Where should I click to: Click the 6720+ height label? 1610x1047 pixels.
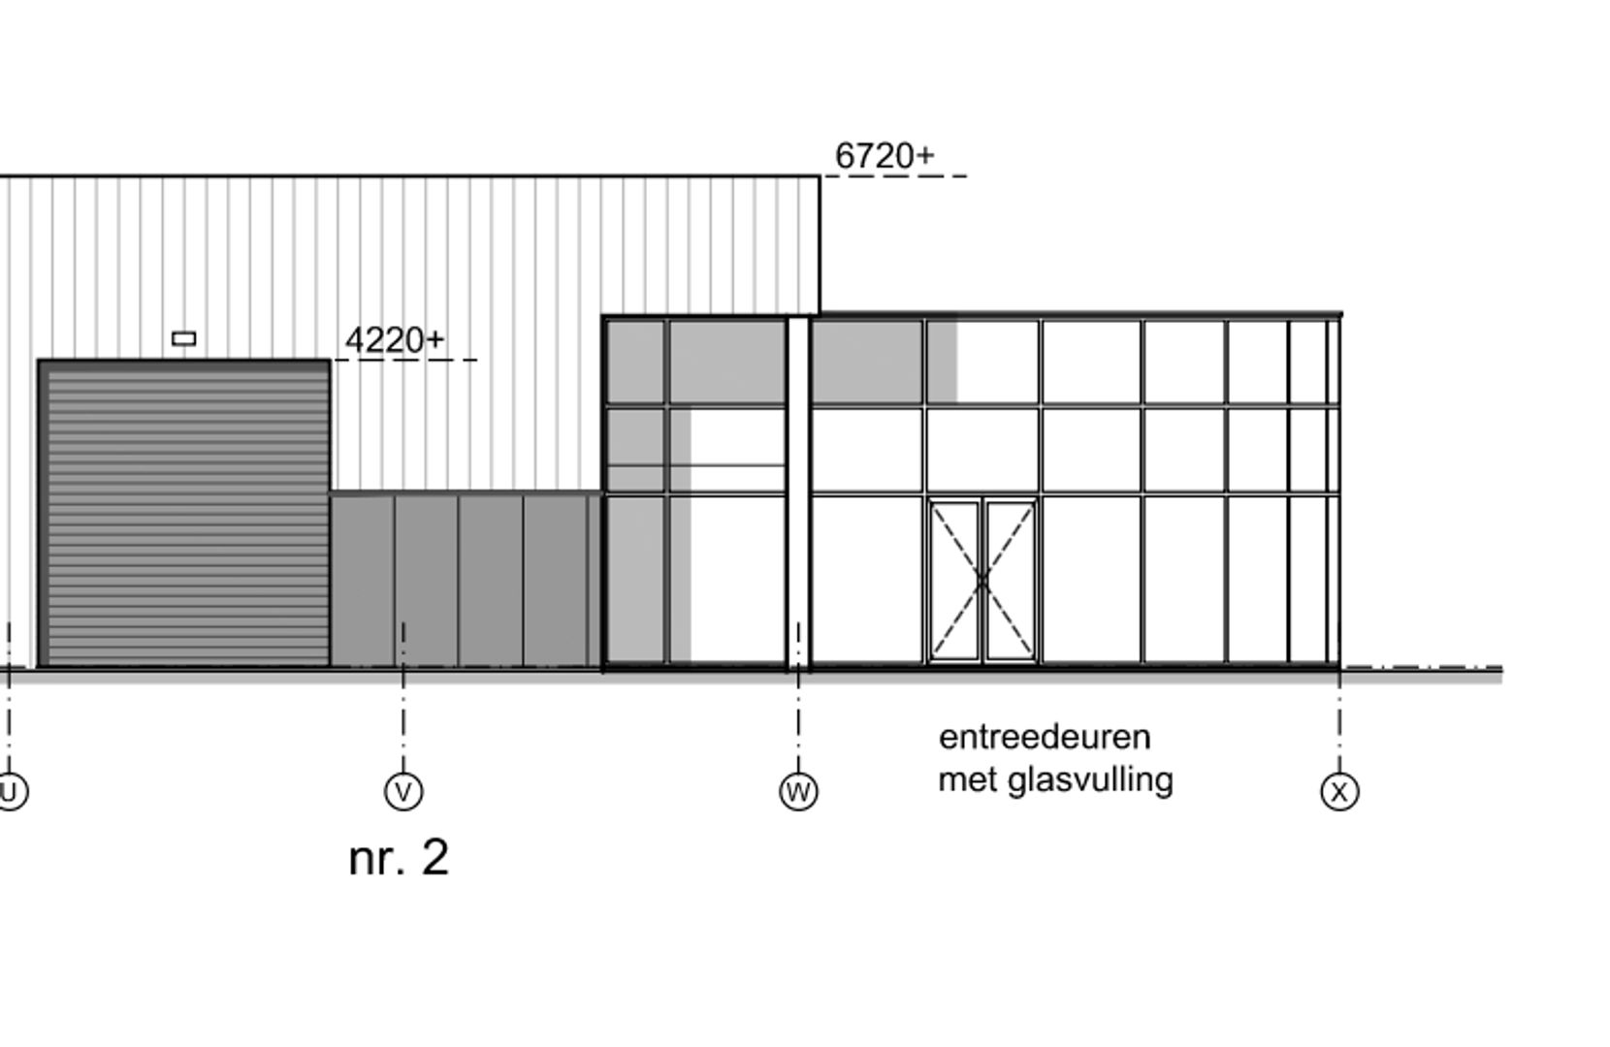[x=884, y=155]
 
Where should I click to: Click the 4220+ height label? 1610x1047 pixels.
[x=394, y=340]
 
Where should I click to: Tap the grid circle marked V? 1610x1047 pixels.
[x=403, y=791]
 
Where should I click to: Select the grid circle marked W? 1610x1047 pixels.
[x=798, y=791]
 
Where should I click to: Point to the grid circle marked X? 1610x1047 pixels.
[x=1339, y=791]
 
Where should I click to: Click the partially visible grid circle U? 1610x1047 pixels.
[x=10, y=791]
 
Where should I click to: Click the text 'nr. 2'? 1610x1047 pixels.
[x=399, y=858]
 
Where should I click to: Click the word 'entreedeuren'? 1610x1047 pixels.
[x=1045, y=737]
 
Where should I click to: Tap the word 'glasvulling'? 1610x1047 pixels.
[x=1090, y=779]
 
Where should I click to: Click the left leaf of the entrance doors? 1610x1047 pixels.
[x=955, y=581]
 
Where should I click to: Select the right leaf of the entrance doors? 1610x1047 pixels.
[x=1010, y=581]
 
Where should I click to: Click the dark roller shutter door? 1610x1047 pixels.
[x=184, y=514]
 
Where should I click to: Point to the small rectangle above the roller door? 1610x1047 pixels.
[x=183, y=338]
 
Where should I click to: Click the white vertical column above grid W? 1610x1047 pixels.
[x=797, y=485]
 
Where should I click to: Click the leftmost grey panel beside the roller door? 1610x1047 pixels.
[x=362, y=580]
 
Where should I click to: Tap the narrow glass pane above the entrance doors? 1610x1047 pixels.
[x=982, y=450]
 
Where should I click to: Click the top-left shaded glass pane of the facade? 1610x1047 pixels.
[x=635, y=362]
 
